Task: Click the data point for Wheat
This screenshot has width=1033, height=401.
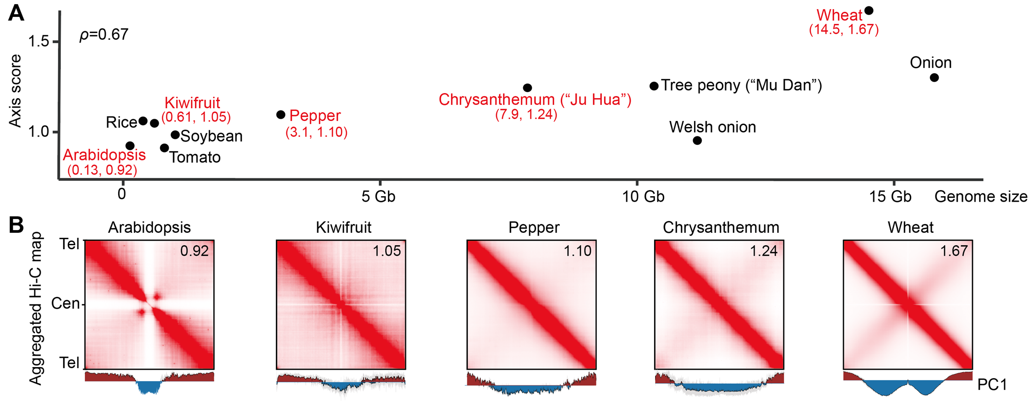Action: (869, 11)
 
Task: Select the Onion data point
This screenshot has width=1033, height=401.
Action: (934, 78)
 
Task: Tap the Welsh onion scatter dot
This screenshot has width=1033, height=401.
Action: (697, 140)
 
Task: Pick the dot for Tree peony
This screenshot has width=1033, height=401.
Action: (654, 86)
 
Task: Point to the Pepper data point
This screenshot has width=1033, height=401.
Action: (281, 115)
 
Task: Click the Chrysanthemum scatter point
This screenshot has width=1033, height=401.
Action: (527, 88)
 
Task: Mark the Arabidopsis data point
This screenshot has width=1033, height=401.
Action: (130, 146)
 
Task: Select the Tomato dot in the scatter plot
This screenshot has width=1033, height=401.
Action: (164, 148)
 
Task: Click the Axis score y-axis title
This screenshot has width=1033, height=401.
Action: (16, 91)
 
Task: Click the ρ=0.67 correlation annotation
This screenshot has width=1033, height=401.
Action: (104, 35)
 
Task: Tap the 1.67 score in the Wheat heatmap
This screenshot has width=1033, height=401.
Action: (954, 251)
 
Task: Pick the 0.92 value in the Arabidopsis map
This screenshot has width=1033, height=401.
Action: (194, 251)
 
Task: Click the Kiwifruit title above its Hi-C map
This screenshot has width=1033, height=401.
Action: (344, 227)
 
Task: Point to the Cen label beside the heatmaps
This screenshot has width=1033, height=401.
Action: (66, 303)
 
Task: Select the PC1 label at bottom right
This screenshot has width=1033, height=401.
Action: (992, 385)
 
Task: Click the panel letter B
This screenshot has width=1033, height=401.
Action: (16, 225)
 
